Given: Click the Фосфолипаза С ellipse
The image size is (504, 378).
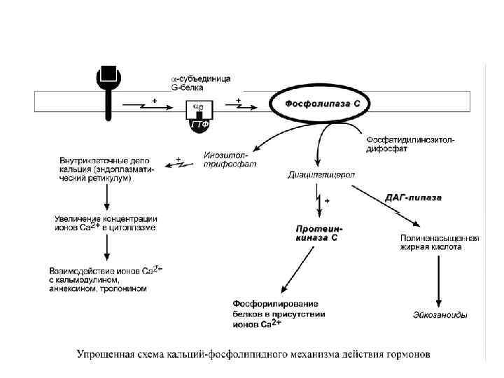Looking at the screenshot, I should (x=323, y=104).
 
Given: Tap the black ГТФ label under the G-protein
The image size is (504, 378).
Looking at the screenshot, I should (x=199, y=125).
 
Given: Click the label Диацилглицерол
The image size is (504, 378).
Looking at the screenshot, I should (x=321, y=174).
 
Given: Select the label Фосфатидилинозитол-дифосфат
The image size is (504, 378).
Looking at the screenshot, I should (x=409, y=143).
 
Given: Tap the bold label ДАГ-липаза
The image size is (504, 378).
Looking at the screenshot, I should (x=414, y=197).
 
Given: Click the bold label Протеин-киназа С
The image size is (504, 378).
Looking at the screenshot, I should (x=319, y=233).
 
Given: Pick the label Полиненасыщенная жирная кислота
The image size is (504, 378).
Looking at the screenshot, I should (x=439, y=242).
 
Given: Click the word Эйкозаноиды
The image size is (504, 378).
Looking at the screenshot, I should (x=440, y=316).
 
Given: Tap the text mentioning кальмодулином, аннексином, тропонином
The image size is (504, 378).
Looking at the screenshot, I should (x=105, y=279).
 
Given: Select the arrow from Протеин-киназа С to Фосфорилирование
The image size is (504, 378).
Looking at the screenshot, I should (x=297, y=269).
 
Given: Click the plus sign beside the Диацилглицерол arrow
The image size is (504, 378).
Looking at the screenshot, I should (x=326, y=201).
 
